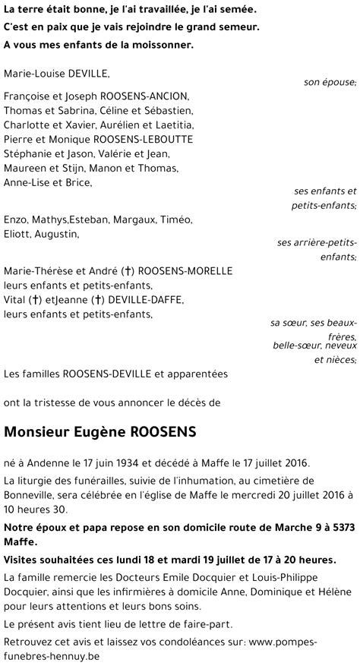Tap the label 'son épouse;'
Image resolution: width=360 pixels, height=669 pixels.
point(330,82)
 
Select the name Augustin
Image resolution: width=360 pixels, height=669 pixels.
point(59,234)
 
